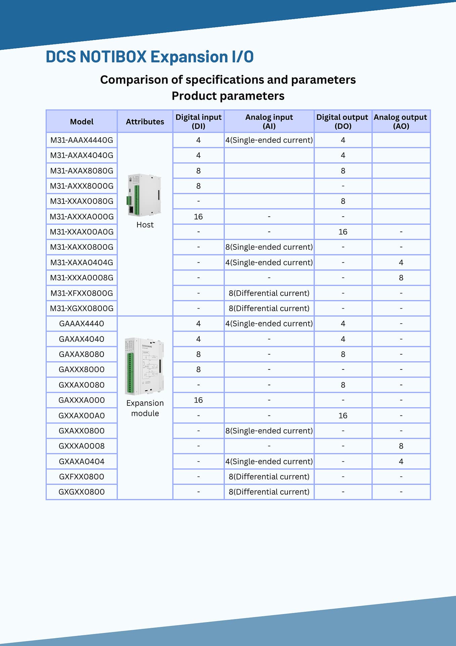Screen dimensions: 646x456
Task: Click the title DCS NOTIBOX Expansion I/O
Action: tap(150, 57)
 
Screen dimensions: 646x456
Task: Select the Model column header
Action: tap(82, 121)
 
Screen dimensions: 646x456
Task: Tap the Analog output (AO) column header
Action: tap(401, 121)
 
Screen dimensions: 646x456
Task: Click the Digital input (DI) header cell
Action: tap(198, 121)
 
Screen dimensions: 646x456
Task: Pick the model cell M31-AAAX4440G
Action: tap(82, 140)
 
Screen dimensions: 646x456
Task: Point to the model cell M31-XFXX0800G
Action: tap(82, 293)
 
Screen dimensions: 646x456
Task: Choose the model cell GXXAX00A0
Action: tap(82, 416)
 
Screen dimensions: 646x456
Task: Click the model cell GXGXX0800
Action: tap(82, 492)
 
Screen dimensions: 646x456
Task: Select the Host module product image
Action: tap(144, 195)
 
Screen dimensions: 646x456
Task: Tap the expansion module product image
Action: tap(144, 366)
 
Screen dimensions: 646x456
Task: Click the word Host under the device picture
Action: tap(145, 225)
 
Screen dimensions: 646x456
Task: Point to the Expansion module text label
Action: tap(145, 408)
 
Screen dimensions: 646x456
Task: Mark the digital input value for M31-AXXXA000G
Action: tap(198, 217)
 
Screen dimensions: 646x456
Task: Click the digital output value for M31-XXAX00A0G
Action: tap(343, 232)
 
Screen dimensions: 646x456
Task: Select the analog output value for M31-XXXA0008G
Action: tap(401, 278)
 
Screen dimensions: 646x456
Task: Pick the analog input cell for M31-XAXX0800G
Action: tap(269, 247)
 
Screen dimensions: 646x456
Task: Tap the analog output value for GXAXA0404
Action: tap(401, 461)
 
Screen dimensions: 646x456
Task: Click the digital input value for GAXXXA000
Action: tap(198, 400)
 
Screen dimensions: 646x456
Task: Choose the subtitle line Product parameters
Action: tap(228, 96)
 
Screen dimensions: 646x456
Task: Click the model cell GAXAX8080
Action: tap(82, 354)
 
